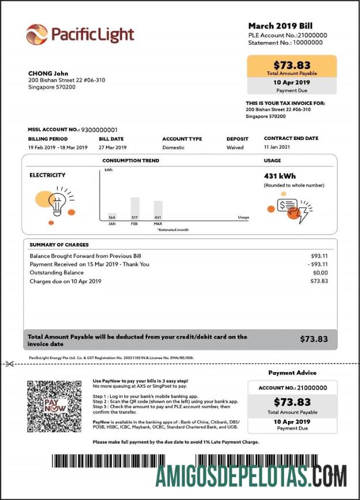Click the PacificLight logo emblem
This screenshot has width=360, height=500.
36,35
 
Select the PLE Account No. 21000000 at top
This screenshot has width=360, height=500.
287,35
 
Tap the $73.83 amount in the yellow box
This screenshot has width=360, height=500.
291,65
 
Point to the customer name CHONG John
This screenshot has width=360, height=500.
48,74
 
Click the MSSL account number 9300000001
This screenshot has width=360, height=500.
99,130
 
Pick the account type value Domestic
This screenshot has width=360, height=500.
173,147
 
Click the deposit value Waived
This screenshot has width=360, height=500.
235,147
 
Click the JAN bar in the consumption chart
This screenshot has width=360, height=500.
112,216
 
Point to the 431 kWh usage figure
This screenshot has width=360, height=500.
280,175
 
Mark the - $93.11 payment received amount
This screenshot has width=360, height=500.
317,264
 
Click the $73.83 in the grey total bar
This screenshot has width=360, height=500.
313,339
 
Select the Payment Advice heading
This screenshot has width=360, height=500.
293,373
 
